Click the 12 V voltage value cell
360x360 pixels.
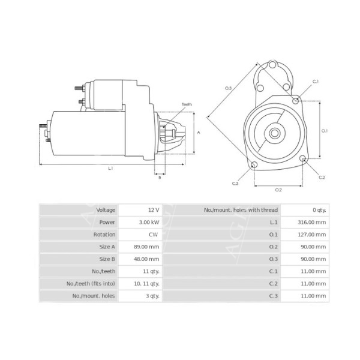pos(153,210)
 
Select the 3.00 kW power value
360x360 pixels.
pos(149,222)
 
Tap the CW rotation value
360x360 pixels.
pos(154,235)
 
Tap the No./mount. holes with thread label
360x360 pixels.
pos(241,210)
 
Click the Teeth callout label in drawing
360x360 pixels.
pos(187,104)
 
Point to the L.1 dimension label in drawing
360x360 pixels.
pos(110,169)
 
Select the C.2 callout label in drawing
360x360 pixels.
pos(322,178)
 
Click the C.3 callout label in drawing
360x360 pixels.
pos(235,183)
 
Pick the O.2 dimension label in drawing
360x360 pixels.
pos(278,190)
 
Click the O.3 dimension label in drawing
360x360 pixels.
pos(229,88)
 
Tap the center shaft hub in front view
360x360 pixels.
pos(274,133)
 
